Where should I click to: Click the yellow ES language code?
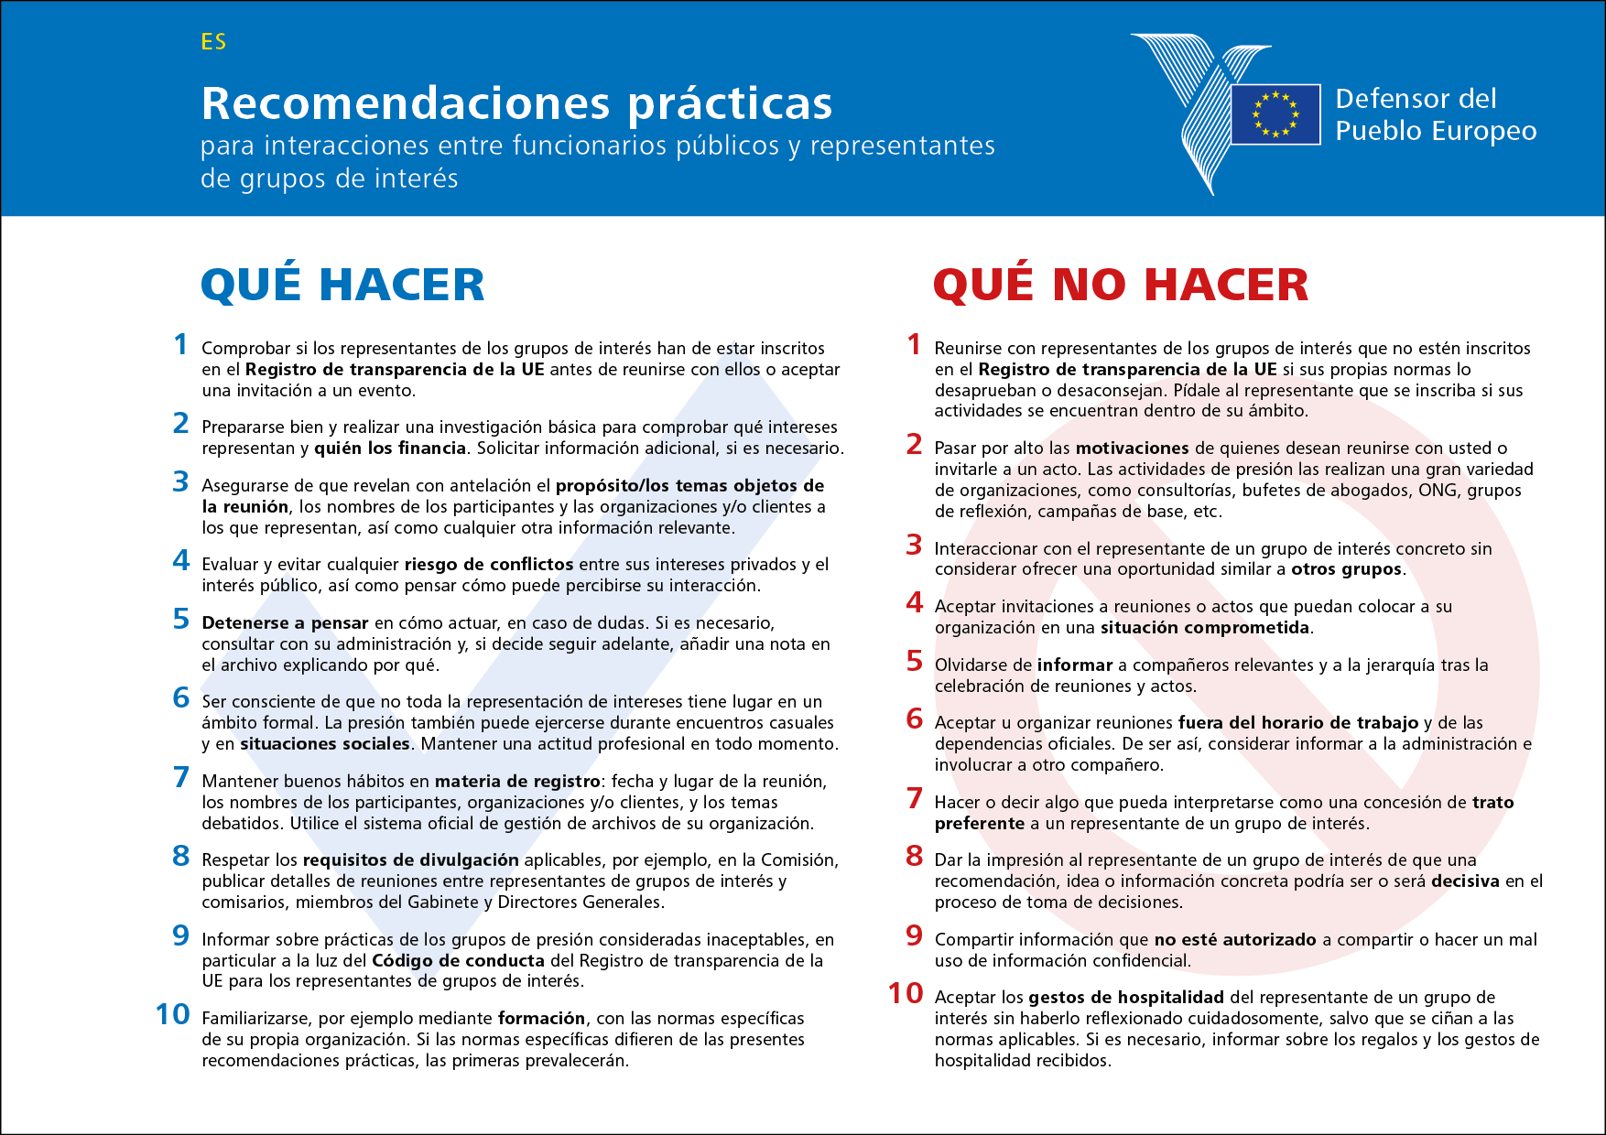click(213, 42)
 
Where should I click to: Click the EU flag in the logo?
click(1275, 114)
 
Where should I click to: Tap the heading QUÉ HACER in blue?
click(342, 284)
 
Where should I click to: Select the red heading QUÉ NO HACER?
click(1120, 284)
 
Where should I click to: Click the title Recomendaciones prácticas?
click(516, 103)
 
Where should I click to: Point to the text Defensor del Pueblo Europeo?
click(1435, 114)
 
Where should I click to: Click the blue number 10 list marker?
click(173, 1014)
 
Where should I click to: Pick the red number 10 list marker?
click(906, 993)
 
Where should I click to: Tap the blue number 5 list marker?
click(181, 620)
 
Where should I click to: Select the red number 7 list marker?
click(914, 798)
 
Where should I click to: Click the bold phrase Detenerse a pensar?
click(285, 623)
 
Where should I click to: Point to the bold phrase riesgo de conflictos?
click(489, 565)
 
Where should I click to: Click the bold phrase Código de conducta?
click(458, 961)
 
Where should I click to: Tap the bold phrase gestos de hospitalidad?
click(1125, 998)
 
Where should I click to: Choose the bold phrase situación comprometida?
click(1205, 628)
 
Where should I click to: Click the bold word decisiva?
click(1465, 881)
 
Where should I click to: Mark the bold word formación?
click(541, 1019)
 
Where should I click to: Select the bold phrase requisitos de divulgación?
click(410, 860)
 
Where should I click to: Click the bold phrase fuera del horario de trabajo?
click(1297, 723)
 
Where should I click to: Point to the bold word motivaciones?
click(1132, 449)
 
